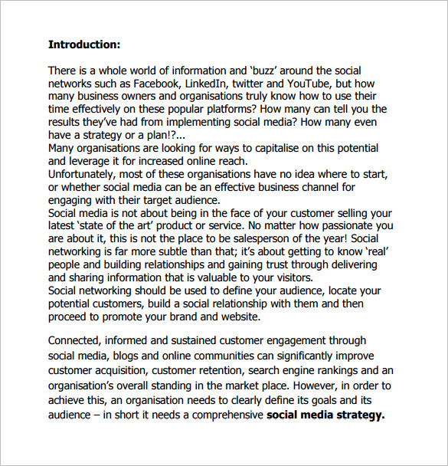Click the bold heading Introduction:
pyautogui.click(x=84, y=44)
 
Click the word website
pyautogui.click(x=239, y=317)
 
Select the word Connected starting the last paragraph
pyautogui.click(x=75, y=340)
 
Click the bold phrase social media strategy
pyautogui.click(x=325, y=415)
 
